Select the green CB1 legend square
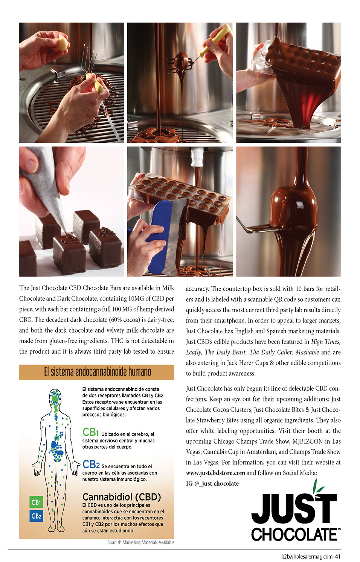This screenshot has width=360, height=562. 36,502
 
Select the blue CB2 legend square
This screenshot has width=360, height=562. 36,516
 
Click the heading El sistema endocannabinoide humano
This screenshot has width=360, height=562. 97,372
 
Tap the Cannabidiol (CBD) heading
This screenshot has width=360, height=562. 121,497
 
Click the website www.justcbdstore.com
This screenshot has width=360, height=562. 215,473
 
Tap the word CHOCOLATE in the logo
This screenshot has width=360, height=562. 294,535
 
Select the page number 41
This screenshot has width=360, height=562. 338,556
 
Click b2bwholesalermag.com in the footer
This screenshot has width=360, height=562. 307,556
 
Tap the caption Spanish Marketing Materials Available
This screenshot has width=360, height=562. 141,542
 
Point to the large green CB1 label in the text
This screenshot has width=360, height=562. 90,432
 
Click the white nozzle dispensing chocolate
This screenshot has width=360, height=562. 197,157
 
